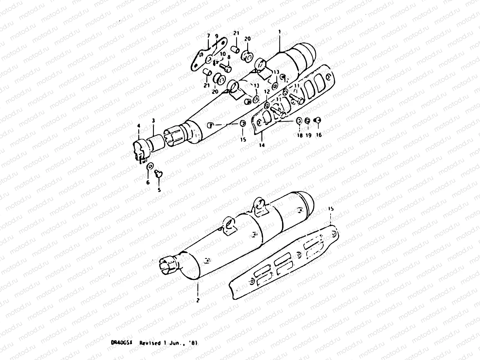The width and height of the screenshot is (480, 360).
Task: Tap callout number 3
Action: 153,121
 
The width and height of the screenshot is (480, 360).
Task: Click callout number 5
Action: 159,190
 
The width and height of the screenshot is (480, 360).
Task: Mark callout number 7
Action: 208,36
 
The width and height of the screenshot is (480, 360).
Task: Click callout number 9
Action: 217,36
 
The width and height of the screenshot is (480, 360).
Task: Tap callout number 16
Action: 319,135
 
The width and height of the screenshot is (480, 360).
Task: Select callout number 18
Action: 299,135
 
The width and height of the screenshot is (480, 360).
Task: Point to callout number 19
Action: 308,135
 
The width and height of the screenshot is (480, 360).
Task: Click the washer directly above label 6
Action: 150,166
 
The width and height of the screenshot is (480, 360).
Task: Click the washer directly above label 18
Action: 299,121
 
